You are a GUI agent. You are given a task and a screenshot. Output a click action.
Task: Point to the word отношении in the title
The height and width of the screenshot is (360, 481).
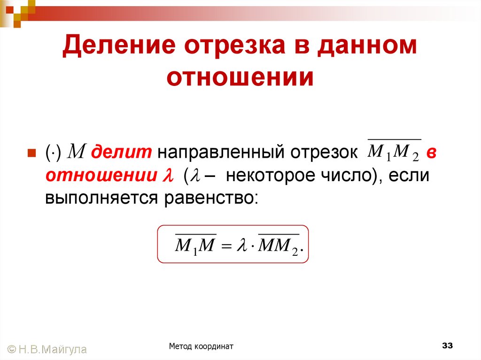coord(240,77)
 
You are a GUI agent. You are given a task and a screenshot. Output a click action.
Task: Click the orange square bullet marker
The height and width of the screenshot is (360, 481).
coord(32,153)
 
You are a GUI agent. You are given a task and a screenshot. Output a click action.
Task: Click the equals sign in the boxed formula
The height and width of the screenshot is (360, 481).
coord(226,246)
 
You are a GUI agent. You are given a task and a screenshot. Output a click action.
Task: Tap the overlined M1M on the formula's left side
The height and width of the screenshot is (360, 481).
coord(195,245)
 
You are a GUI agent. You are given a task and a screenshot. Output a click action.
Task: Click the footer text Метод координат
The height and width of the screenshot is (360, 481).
coord(202,346)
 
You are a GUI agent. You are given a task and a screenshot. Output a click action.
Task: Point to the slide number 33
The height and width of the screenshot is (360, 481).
coord(447,346)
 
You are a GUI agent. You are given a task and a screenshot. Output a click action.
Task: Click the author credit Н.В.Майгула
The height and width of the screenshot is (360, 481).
coord(53,349)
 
